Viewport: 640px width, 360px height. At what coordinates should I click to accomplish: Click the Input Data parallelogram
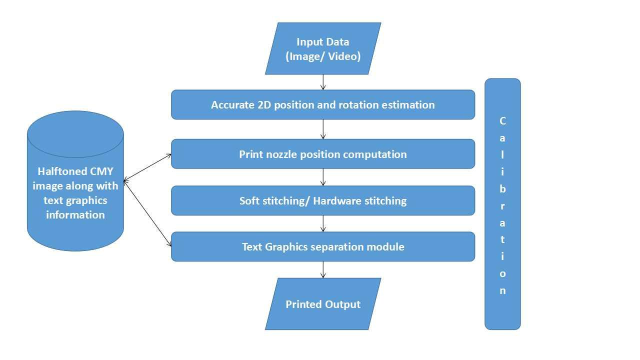click(x=323, y=48)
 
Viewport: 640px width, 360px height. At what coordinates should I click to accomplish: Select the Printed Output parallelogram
click(x=323, y=304)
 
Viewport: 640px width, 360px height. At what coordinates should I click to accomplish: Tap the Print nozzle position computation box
click(x=323, y=154)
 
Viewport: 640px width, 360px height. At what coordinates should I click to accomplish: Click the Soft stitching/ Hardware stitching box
click(x=323, y=200)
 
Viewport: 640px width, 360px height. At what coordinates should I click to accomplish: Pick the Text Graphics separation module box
click(x=323, y=246)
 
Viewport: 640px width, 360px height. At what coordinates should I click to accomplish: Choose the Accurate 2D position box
click(x=323, y=105)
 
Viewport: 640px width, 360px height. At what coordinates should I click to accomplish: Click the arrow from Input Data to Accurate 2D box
click(x=323, y=82)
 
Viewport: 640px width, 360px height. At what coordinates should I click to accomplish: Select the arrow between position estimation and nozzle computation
click(x=323, y=129)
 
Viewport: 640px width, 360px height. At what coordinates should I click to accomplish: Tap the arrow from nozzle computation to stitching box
click(x=323, y=177)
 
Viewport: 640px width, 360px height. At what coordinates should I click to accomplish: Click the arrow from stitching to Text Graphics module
click(x=323, y=223)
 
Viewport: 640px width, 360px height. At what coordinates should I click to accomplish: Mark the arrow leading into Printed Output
click(x=323, y=269)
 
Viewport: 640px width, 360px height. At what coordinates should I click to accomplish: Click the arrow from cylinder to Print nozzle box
click(x=147, y=167)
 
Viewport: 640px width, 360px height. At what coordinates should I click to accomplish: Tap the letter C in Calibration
click(x=502, y=121)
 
